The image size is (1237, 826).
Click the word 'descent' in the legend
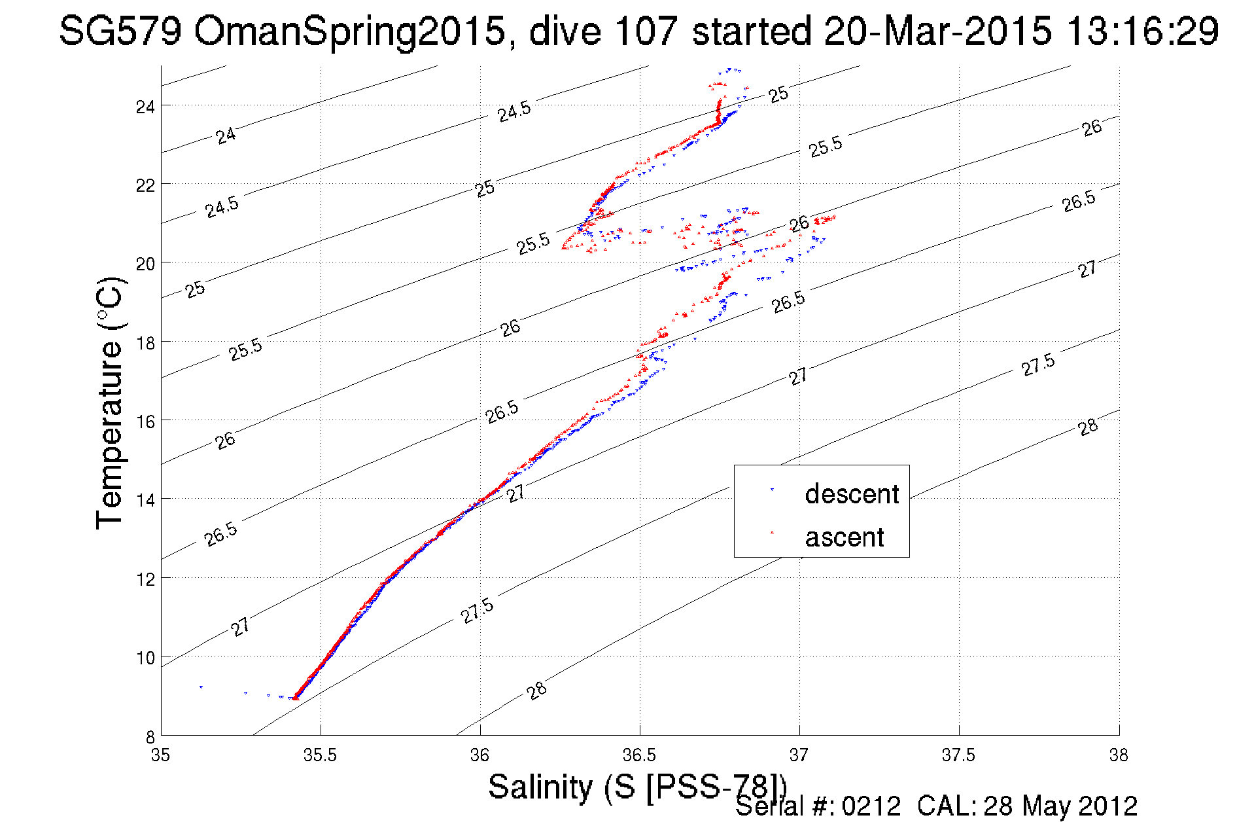pyautogui.click(x=852, y=494)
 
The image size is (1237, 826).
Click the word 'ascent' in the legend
pyautogui.click(x=845, y=537)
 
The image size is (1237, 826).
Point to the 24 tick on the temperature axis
pyautogui.click(x=145, y=107)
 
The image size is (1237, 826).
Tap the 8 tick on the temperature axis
pyautogui.click(x=150, y=737)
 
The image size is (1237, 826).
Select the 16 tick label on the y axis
pyautogui.click(x=145, y=422)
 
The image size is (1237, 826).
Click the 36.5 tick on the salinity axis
pyautogui.click(x=640, y=755)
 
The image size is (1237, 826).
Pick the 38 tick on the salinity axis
pyautogui.click(x=1119, y=755)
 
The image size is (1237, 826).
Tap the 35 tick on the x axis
pyautogui.click(x=161, y=755)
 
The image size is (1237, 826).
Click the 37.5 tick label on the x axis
pyautogui.click(x=959, y=755)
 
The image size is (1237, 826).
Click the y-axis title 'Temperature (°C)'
pyautogui.click(x=109, y=403)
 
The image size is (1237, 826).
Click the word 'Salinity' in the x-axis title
pyautogui.click(x=540, y=787)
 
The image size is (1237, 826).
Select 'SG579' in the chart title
pyautogui.click(x=120, y=31)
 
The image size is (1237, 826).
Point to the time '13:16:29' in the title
pyautogui.click(x=1142, y=31)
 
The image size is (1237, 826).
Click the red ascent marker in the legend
pyautogui.click(x=772, y=532)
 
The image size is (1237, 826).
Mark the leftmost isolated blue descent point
pyautogui.click(x=201, y=687)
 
